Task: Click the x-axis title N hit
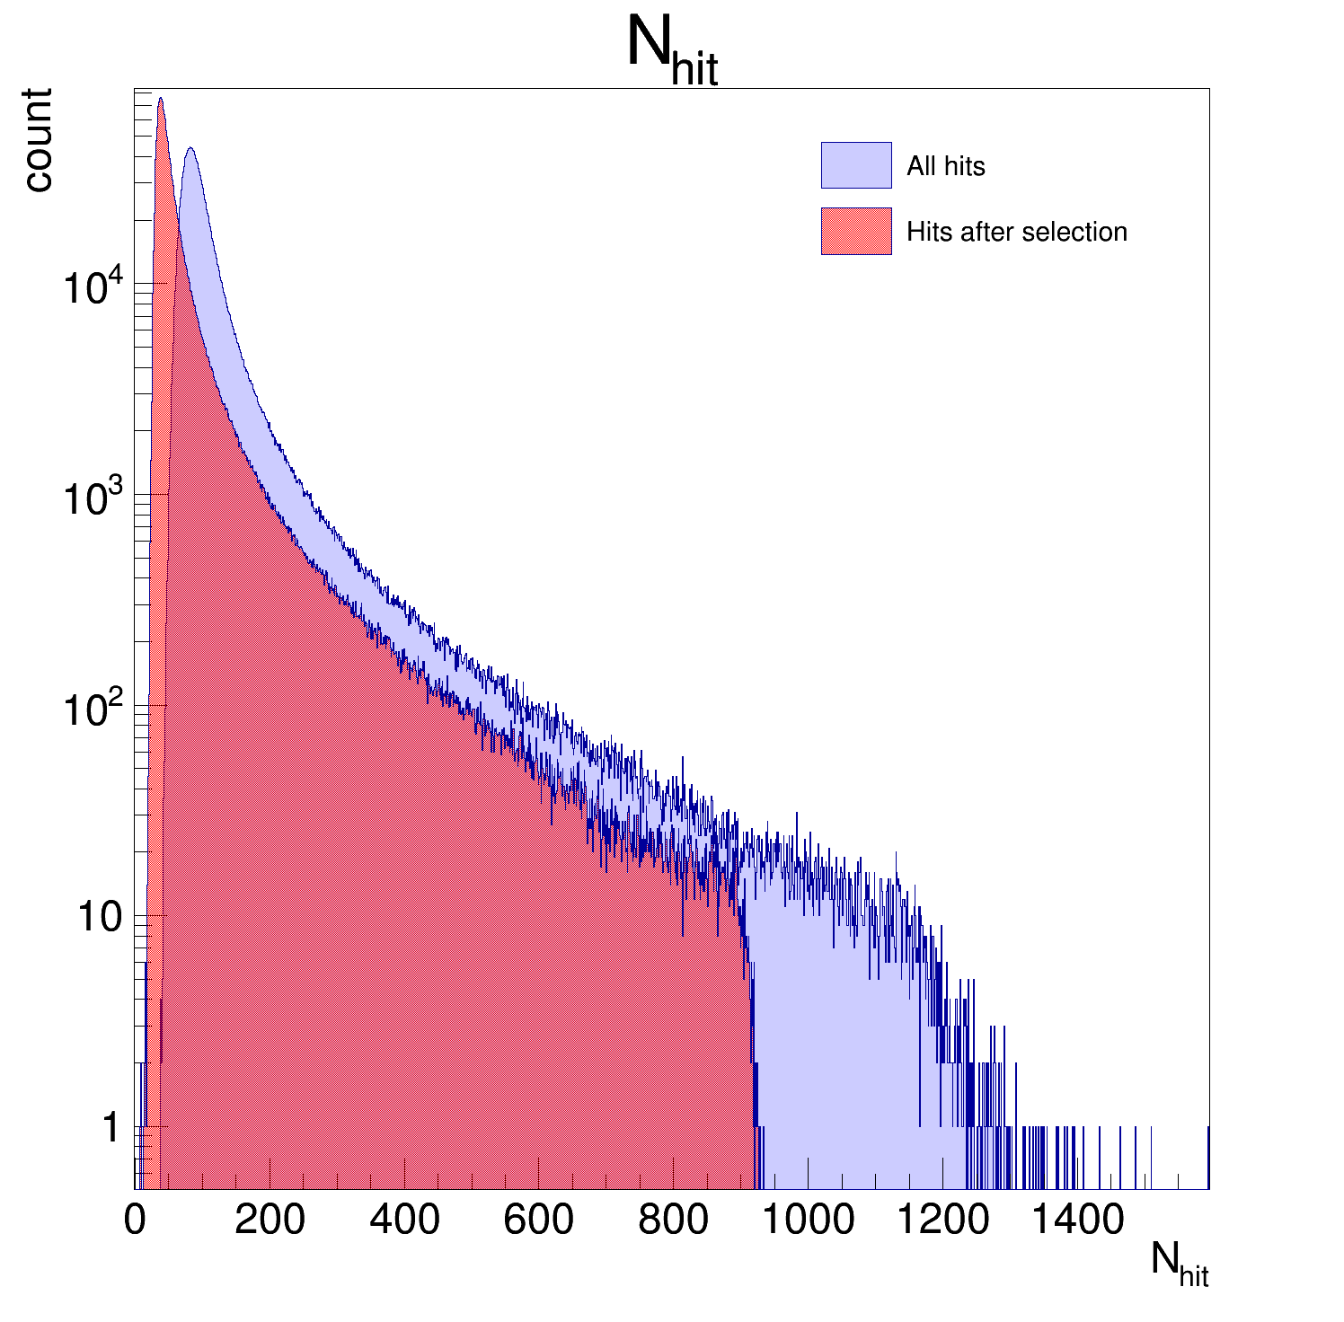pos(1180,1264)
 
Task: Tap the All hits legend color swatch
pos(855,165)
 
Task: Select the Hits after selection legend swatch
pos(855,232)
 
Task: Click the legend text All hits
pos(945,166)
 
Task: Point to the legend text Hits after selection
pos(1016,232)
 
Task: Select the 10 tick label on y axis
pos(98,918)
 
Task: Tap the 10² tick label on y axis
pos(93,709)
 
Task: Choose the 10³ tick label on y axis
pos(93,499)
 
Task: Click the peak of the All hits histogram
pos(190,149)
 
